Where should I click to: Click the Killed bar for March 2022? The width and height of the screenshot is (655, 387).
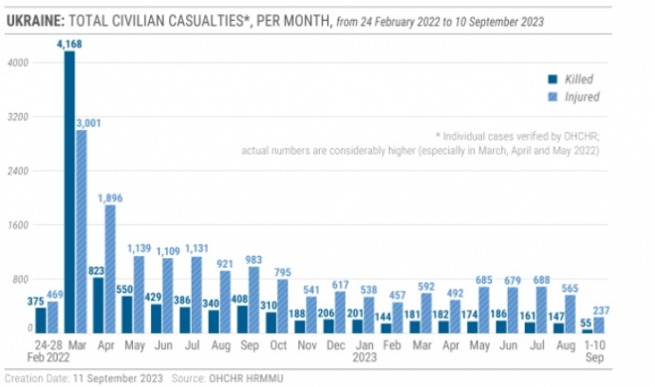[69, 191]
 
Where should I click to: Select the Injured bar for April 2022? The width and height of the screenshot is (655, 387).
[110, 268]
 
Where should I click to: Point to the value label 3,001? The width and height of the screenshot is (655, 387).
[86, 121]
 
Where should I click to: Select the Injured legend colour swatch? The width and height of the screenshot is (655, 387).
[552, 96]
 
